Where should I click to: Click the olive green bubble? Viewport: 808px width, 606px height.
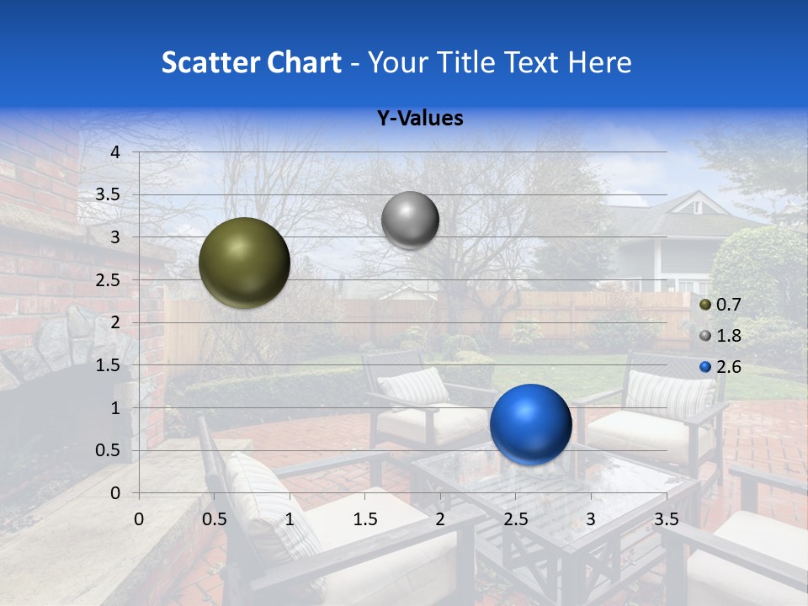click(244, 263)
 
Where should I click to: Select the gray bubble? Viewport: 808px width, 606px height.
click(410, 220)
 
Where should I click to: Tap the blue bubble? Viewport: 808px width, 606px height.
click(530, 424)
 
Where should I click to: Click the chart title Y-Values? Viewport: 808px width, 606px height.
click(420, 119)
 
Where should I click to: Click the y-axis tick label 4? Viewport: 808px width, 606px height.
click(115, 152)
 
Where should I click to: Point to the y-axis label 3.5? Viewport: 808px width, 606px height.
click(109, 195)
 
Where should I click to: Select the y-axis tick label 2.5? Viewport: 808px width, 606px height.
click(109, 280)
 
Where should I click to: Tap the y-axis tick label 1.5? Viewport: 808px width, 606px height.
click(109, 365)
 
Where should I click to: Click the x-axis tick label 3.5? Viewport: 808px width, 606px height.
click(667, 518)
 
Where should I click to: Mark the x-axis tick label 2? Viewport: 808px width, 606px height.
click(440, 518)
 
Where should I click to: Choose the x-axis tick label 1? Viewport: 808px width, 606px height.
click(290, 518)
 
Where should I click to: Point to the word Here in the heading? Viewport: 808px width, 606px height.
click(598, 62)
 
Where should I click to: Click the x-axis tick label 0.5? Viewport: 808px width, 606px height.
click(215, 518)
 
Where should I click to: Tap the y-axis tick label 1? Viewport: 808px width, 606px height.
click(115, 408)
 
